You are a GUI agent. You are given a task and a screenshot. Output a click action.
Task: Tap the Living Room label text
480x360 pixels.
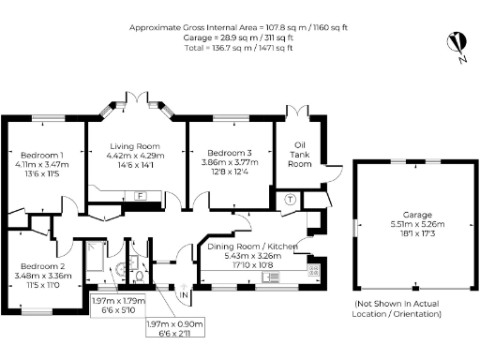point(135,147)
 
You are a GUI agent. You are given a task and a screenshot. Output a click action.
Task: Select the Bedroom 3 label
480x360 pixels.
point(231,153)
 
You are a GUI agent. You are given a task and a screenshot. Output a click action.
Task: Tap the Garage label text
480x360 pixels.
point(405,215)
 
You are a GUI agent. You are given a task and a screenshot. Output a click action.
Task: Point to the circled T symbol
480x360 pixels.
point(291,199)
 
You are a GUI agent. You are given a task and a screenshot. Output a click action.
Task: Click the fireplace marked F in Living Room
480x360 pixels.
point(141,195)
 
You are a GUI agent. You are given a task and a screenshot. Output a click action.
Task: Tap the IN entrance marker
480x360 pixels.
point(185,296)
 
